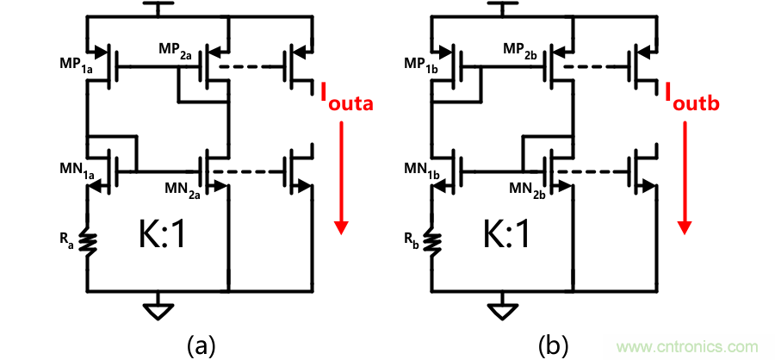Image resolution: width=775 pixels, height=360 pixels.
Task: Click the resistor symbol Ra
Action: (87, 242)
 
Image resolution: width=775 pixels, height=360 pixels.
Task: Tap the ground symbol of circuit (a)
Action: (158, 308)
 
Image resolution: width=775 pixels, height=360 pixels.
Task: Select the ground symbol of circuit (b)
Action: (503, 308)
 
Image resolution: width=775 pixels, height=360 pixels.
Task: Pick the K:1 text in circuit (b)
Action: (503, 239)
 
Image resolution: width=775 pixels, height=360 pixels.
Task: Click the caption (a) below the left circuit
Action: (201, 344)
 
